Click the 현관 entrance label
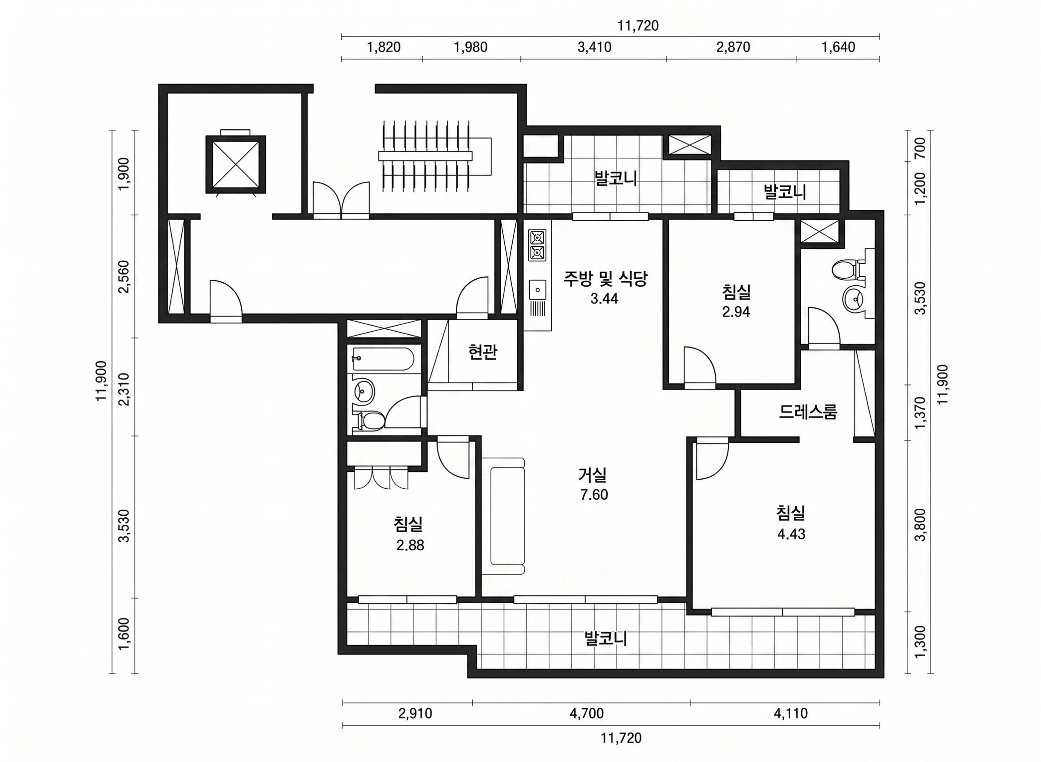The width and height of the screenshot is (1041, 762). (x=482, y=353)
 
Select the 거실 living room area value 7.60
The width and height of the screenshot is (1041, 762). (x=594, y=495)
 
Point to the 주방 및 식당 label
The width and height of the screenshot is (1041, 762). (x=605, y=278)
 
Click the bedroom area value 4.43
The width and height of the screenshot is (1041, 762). (x=791, y=534)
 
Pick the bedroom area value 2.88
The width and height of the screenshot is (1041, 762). (x=410, y=546)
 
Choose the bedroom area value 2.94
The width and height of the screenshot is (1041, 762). (x=736, y=312)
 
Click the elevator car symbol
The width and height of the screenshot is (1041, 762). (x=236, y=164)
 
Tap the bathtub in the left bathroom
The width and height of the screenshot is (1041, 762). (x=383, y=360)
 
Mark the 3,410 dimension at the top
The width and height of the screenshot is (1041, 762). (x=594, y=47)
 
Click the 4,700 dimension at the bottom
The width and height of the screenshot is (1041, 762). (x=586, y=713)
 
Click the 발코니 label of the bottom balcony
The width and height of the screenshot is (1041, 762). (x=605, y=639)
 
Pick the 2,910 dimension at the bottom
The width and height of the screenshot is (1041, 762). (x=415, y=713)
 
